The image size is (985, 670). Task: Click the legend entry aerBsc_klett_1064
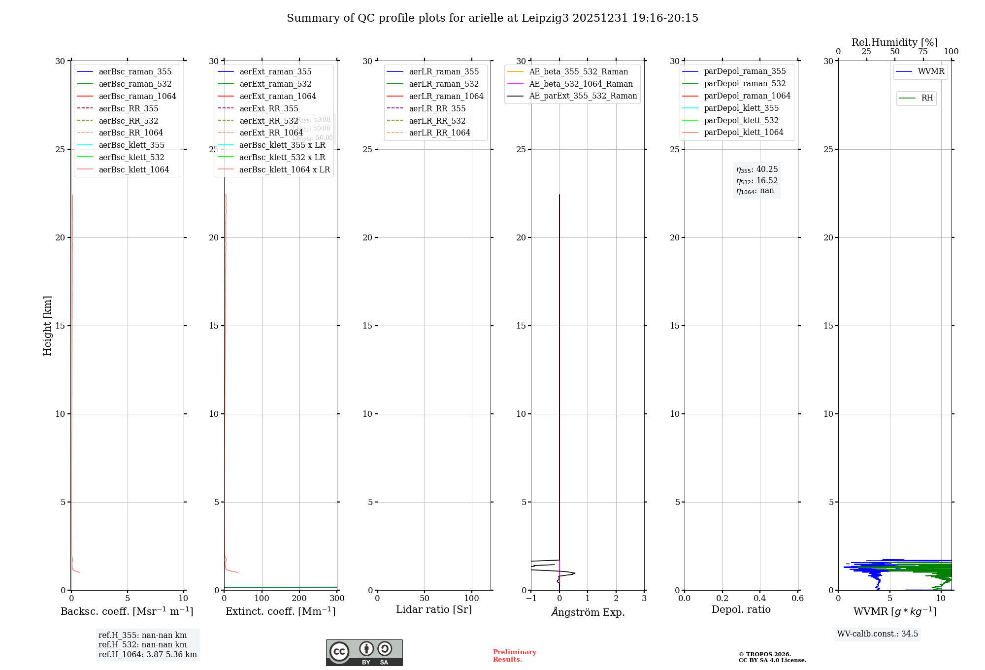[133, 169]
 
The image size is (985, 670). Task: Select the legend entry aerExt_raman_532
[275, 84]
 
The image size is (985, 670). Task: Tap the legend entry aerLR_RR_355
[437, 108]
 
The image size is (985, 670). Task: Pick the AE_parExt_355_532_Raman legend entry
[583, 96]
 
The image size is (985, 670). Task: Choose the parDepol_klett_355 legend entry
[741, 108]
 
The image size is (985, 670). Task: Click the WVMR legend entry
[931, 71]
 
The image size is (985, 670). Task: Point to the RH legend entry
[927, 98]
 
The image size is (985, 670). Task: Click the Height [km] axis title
[47, 325]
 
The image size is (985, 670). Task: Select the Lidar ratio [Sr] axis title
[434, 609]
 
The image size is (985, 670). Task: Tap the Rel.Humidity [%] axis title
[894, 42]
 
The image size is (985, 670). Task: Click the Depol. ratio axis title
[741, 609]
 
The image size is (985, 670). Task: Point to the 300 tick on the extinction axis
[337, 599]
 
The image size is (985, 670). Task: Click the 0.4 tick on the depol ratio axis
[760, 599]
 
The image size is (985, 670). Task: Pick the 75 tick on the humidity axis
[923, 52]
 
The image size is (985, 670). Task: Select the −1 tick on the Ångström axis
[530, 599]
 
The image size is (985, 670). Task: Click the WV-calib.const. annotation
[877, 634]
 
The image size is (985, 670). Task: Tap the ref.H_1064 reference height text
[147, 655]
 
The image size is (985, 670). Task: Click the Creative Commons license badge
[364, 652]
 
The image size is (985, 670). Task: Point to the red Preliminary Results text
[514, 656]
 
